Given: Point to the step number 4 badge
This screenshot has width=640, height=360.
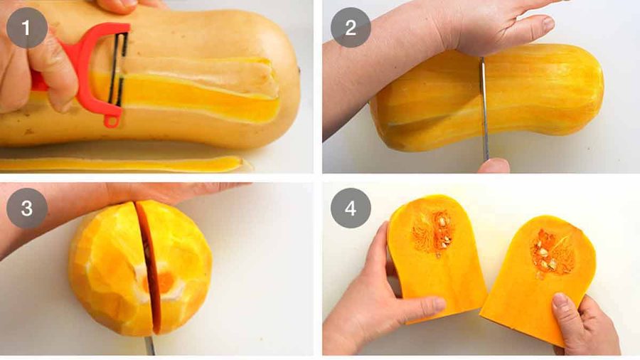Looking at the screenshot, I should [350, 208].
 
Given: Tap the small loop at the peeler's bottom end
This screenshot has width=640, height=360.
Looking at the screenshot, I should [112, 120].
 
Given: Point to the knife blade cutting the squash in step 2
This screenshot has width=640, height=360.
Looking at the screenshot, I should [484, 107].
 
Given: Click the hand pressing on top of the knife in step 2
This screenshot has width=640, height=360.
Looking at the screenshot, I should [491, 25].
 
